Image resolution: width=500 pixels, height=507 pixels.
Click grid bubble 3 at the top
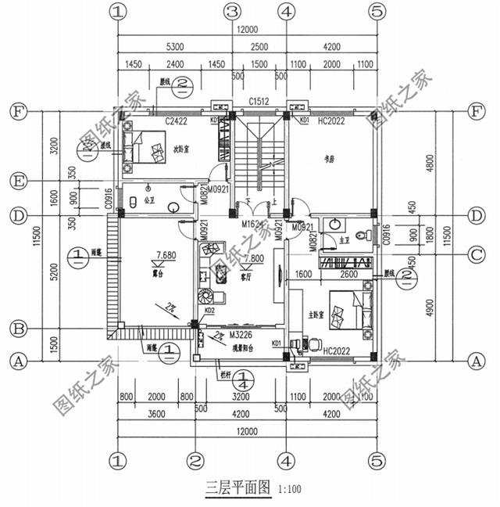(231, 11)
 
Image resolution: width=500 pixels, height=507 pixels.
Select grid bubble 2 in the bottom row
(196, 459)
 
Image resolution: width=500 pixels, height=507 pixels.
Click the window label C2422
(177, 120)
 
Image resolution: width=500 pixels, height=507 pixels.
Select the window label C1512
(259, 102)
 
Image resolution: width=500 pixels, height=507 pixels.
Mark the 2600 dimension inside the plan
(348, 275)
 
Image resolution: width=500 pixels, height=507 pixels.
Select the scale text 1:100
(289, 490)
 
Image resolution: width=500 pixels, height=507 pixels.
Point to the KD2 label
(209, 311)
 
